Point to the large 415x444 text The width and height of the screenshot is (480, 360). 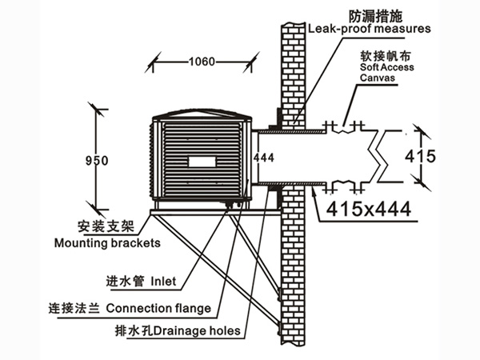point(370,210)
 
